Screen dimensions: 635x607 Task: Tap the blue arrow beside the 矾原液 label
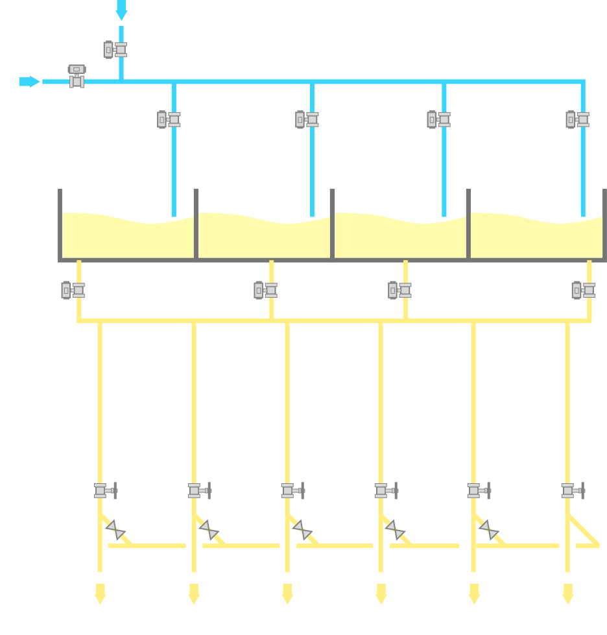pos(121,10)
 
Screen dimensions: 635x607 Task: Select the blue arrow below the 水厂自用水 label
pos(29,82)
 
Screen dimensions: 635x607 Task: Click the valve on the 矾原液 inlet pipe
pos(115,49)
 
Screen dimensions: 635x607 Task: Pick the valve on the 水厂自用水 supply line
pos(77,75)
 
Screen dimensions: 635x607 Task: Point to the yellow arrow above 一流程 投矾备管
pos(100,593)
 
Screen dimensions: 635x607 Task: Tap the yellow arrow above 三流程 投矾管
pos(567,593)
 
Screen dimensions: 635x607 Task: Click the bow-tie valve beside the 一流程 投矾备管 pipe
pos(115,530)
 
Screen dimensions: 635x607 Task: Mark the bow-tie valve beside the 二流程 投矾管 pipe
pos(396,530)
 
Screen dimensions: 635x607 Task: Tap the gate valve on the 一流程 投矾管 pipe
pos(199,490)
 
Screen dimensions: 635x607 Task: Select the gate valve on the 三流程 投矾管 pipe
pos(573,490)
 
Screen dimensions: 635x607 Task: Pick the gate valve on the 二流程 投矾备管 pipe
pos(292,490)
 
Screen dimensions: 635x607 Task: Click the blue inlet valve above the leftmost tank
pos(169,119)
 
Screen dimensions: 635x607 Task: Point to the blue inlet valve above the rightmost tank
pos(577,119)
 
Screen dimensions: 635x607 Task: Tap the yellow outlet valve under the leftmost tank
pos(73,290)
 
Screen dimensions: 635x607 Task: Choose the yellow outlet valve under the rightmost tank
pos(583,290)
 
